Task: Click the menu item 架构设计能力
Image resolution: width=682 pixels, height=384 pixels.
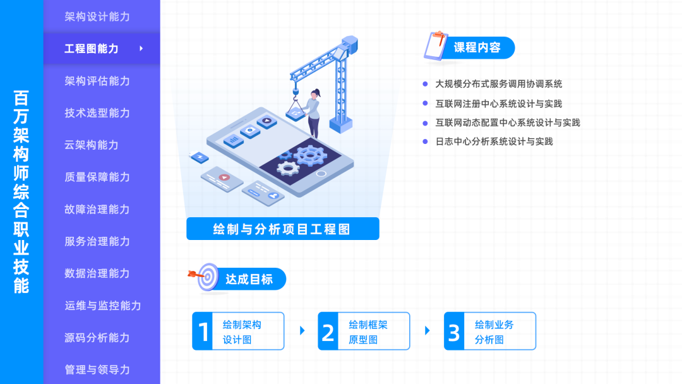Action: pos(97,16)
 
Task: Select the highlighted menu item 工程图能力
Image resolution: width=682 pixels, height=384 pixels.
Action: pos(92,49)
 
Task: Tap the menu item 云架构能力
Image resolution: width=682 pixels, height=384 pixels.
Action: pos(92,145)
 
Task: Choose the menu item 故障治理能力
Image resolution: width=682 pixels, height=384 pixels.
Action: pos(97,209)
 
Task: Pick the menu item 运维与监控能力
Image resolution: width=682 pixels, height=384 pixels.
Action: pos(102,305)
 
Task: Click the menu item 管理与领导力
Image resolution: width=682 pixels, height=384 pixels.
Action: pos(97,369)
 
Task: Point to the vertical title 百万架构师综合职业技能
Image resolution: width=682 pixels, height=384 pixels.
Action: pos(21,192)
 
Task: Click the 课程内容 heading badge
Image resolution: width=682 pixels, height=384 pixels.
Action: pos(477,48)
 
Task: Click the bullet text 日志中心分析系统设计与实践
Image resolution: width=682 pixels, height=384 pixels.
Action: pos(494,141)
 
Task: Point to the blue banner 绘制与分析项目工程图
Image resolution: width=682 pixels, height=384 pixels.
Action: pos(282,229)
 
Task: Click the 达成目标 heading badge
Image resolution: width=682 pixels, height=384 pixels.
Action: pos(249,279)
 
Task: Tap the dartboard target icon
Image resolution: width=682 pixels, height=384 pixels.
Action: pos(206,277)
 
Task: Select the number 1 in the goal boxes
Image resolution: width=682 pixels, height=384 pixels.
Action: pos(203,332)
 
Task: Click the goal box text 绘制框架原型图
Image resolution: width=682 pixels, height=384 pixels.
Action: pos(368,332)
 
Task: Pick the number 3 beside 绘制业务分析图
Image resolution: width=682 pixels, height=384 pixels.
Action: pos(454,332)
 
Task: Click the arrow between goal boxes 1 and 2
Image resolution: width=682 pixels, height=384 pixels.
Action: pos(302,330)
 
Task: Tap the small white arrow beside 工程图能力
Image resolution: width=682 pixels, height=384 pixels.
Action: pos(141,48)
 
